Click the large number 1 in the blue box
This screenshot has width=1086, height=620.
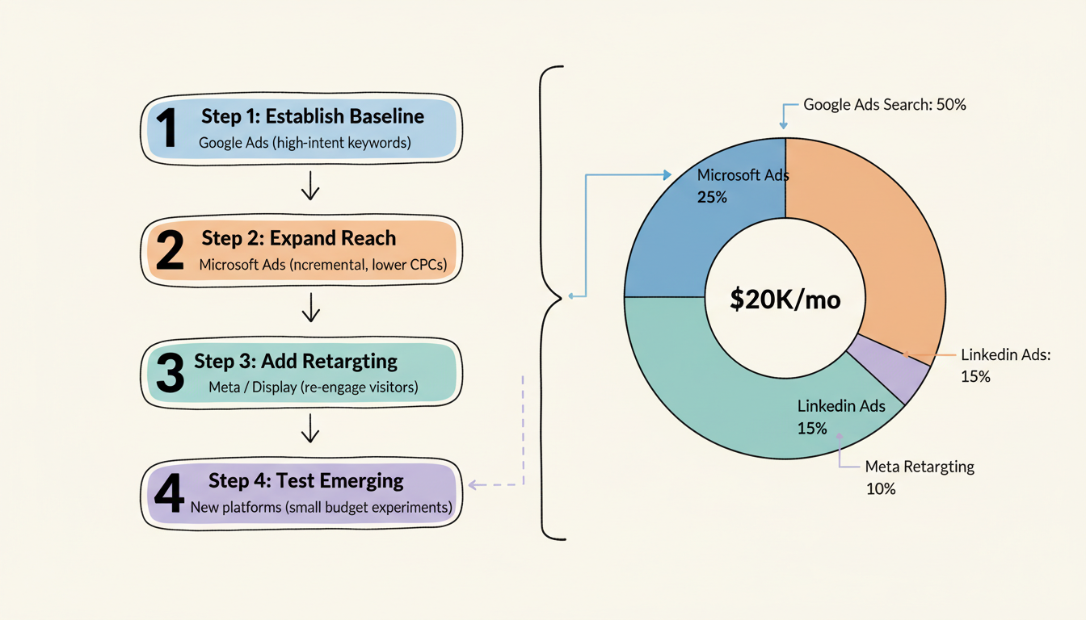[x=167, y=128]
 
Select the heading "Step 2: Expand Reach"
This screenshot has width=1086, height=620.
[x=298, y=238]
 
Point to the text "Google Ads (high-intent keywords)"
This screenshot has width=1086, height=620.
[x=305, y=144]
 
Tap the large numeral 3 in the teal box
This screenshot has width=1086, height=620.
[x=170, y=372]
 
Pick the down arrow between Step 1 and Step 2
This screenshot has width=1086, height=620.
[x=310, y=189]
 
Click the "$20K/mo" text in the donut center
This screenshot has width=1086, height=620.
[x=785, y=300]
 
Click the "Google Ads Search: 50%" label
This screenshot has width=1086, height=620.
[x=885, y=105]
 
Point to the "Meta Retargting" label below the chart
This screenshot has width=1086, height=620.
[x=920, y=467]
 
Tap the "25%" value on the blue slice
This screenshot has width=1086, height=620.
[x=711, y=196]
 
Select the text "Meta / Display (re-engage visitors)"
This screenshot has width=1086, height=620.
[x=313, y=387]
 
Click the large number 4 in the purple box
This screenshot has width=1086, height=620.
[x=169, y=494]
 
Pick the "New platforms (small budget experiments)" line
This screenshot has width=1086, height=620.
[x=321, y=509]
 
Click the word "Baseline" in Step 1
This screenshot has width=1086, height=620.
[x=385, y=116]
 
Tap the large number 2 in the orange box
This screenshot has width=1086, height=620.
[x=169, y=250]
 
